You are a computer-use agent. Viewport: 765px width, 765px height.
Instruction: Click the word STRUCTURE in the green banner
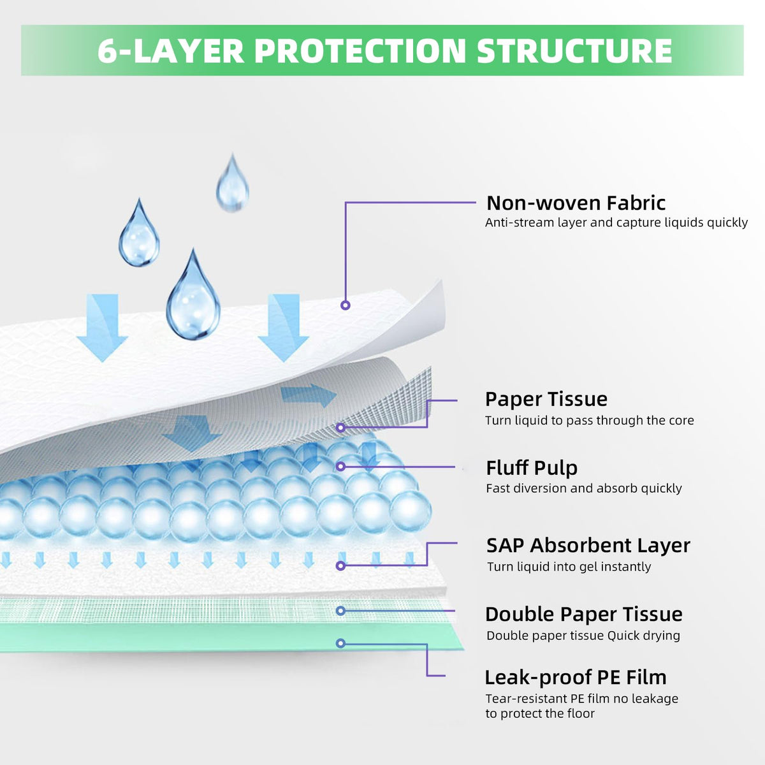(574, 51)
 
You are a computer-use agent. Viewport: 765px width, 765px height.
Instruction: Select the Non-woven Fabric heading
(576, 203)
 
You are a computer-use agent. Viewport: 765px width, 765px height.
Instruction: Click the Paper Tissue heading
(546, 399)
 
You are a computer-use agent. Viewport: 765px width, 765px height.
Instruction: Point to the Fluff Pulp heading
(531, 468)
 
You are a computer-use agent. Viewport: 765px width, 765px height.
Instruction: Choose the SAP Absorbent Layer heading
(588, 546)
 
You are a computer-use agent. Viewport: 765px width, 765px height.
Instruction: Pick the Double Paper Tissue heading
(583, 614)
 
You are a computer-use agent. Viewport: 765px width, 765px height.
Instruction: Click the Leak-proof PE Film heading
(575, 677)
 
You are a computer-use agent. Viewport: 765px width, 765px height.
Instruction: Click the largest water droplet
(193, 296)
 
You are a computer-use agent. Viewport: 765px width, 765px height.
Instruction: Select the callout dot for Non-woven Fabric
(346, 305)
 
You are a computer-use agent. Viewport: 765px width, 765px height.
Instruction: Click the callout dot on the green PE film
(341, 644)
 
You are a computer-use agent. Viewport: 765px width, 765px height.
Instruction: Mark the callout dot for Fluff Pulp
(341, 467)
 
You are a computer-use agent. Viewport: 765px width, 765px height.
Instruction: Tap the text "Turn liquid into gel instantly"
(569, 567)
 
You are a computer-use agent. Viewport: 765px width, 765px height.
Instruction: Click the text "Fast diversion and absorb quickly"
(583, 488)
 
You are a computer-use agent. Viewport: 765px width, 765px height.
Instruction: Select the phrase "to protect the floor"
(539, 713)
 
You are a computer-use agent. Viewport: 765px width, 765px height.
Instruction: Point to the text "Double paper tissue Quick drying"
(583, 636)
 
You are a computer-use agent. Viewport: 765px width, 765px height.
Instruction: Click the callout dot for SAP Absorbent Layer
(341, 565)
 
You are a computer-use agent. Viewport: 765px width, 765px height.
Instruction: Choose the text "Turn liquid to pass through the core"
(589, 421)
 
